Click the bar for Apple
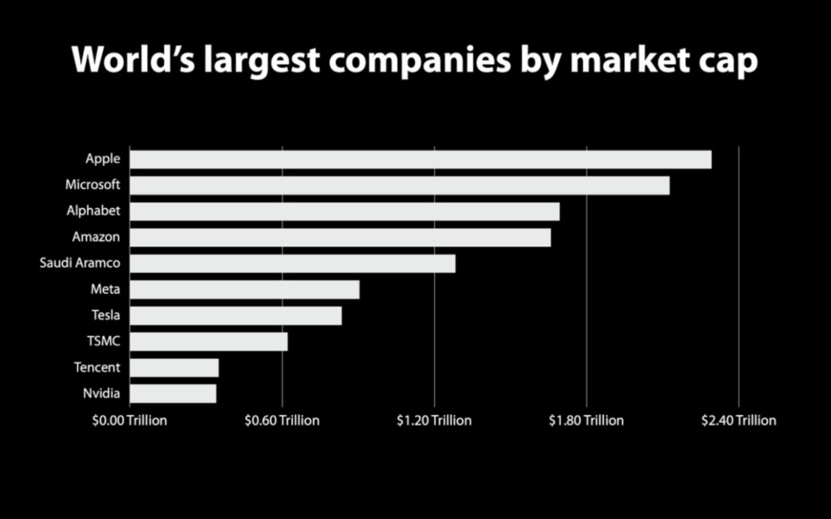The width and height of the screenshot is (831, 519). point(420,159)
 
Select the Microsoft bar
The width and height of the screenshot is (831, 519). point(400,186)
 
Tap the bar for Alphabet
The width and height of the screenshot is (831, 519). point(344,211)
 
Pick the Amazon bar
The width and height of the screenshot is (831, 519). point(340,238)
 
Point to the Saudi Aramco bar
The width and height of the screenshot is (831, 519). point(292,263)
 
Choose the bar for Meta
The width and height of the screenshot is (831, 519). point(244,290)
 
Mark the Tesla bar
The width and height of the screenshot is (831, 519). point(235,315)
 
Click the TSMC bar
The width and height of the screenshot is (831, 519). point(208,342)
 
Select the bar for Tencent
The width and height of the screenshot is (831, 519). point(174,367)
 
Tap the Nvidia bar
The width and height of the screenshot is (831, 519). point(172,394)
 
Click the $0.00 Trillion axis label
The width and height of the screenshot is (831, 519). point(129,421)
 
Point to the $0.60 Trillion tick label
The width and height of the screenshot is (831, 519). point(282,421)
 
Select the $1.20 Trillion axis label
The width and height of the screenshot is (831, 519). point(434,421)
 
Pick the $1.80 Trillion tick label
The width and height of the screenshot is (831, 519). point(587,421)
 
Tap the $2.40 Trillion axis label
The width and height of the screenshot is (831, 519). point(739,421)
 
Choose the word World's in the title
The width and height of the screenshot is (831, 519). point(131,61)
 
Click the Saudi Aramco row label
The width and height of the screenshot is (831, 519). point(80,263)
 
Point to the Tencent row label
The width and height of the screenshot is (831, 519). point(97,367)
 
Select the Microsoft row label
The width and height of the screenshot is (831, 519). point(93,185)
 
